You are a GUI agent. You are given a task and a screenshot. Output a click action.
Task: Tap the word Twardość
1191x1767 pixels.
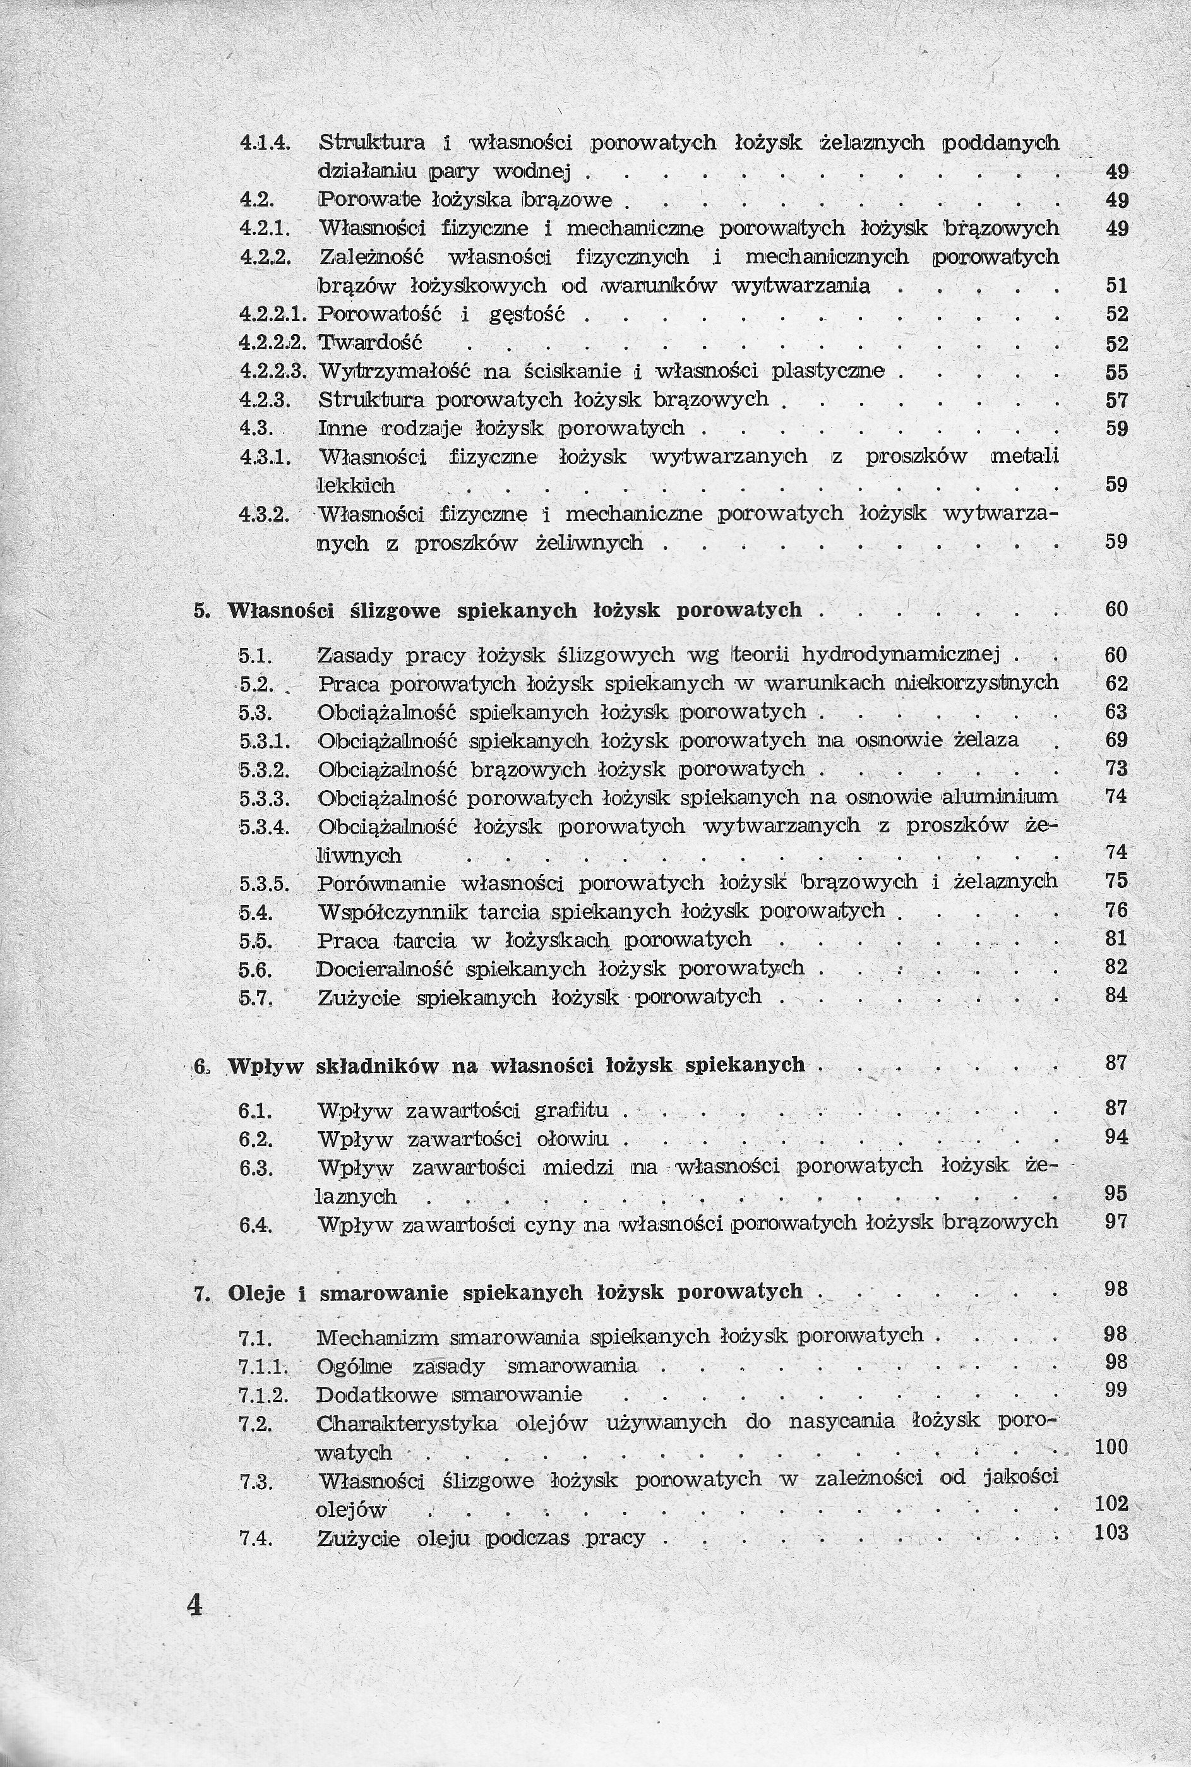tap(369, 343)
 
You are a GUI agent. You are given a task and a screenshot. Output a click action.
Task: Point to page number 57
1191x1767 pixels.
tap(1116, 400)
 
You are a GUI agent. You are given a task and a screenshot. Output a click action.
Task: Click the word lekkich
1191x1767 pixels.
tap(356, 486)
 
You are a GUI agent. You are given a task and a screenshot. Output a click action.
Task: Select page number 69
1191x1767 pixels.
tap(1116, 740)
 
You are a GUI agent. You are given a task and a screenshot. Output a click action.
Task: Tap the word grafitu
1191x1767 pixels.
tap(572, 1111)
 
